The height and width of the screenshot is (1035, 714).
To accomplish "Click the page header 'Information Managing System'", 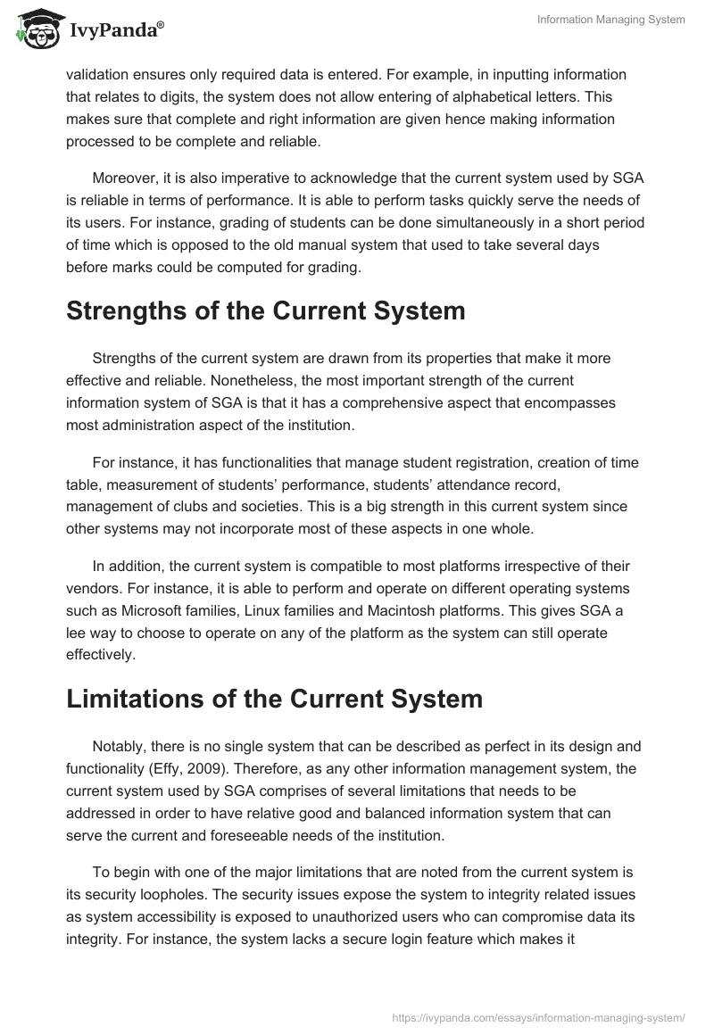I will (x=611, y=21).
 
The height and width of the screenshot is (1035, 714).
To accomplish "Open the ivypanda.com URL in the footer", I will (x=539, y=1016).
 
